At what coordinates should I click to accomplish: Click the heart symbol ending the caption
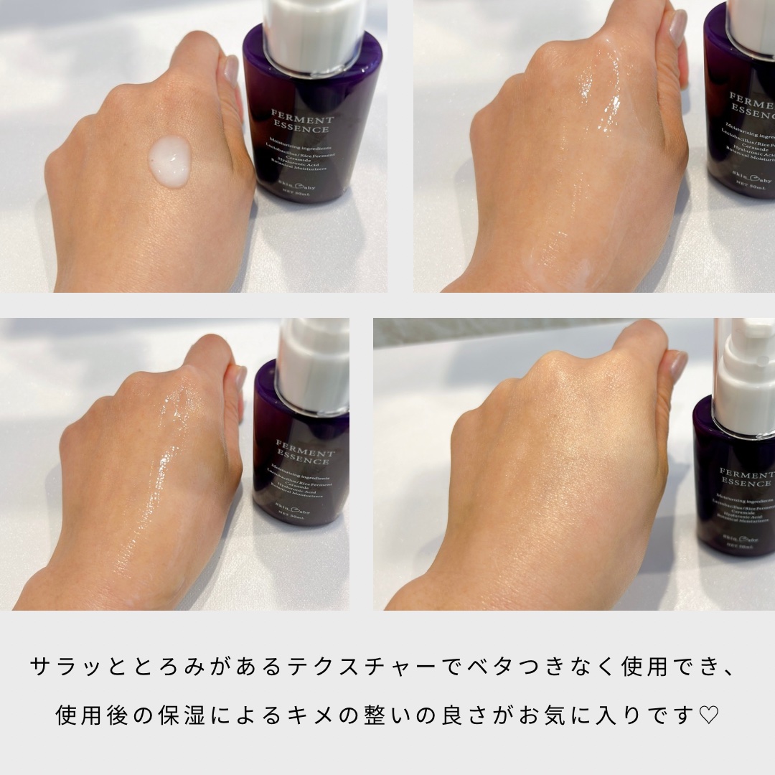[708, 716]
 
